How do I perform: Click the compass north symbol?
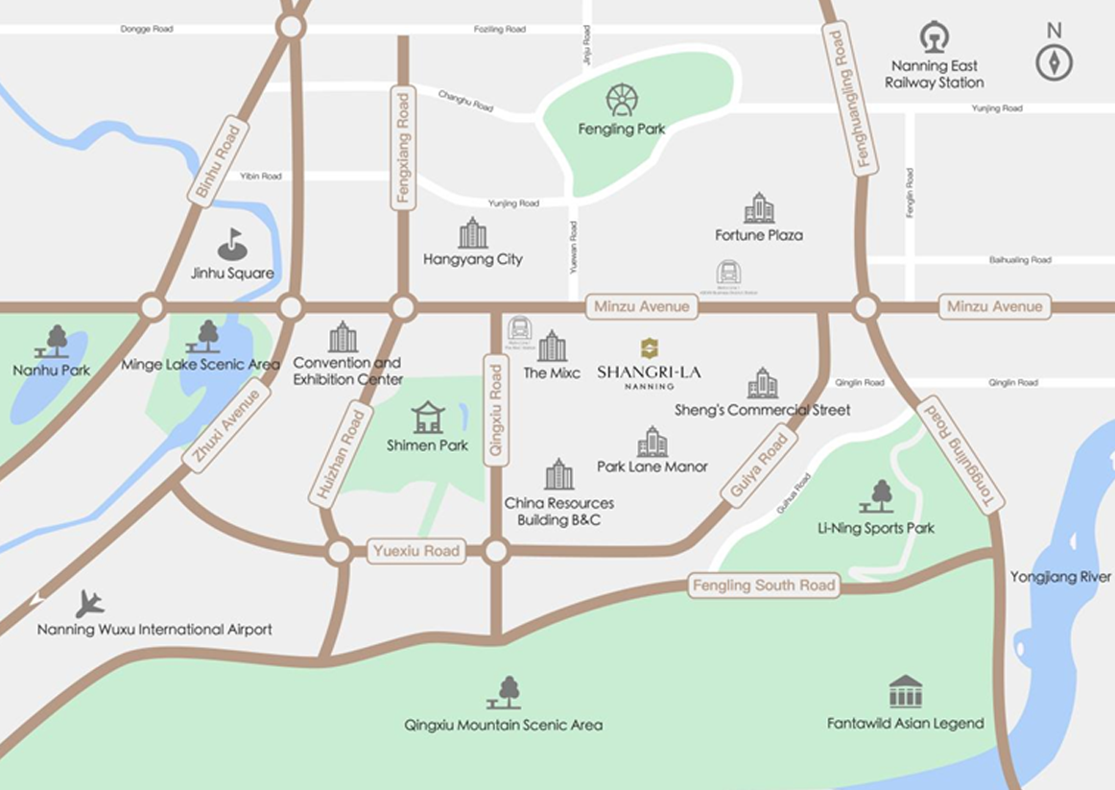click(x=1054, y=62)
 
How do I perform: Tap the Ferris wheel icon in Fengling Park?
click(x=622, y=100)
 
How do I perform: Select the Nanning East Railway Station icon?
click(x=934, y=37)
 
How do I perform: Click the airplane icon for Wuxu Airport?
click(x=89, y=604)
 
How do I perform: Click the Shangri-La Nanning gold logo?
click(x=650, y=347)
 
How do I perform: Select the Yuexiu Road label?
click(x=416, y=551)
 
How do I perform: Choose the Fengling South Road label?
click(x=764, y=585)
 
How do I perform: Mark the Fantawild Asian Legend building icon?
click(x=905, y=691)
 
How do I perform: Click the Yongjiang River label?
click(x=1060, y=577)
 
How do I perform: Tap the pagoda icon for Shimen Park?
click(x=428, y=418)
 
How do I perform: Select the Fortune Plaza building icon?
click(x=758, y=207)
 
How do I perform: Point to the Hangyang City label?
click(x=472, y=259)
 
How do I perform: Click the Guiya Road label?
click(x=759, y=467)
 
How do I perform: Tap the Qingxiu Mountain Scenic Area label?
click(x=504, y=725)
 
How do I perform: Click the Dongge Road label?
click(x=146, y=29)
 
